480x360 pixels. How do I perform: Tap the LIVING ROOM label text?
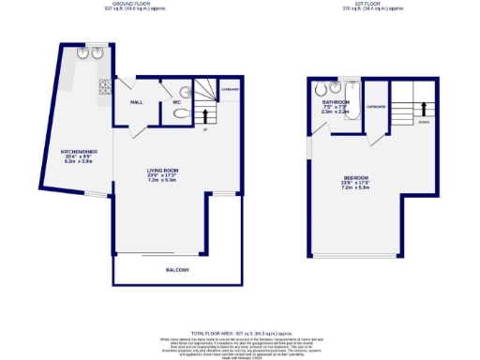coord(161,171)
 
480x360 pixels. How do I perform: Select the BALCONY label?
coord(177,271)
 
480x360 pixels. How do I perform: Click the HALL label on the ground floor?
coord(136,101)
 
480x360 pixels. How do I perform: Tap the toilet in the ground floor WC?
coord(181,112)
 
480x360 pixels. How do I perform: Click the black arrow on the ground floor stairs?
coord(206,115)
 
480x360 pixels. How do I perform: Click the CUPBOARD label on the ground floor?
coord(230,91)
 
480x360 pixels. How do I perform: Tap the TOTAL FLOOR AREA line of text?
coord(239,333)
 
